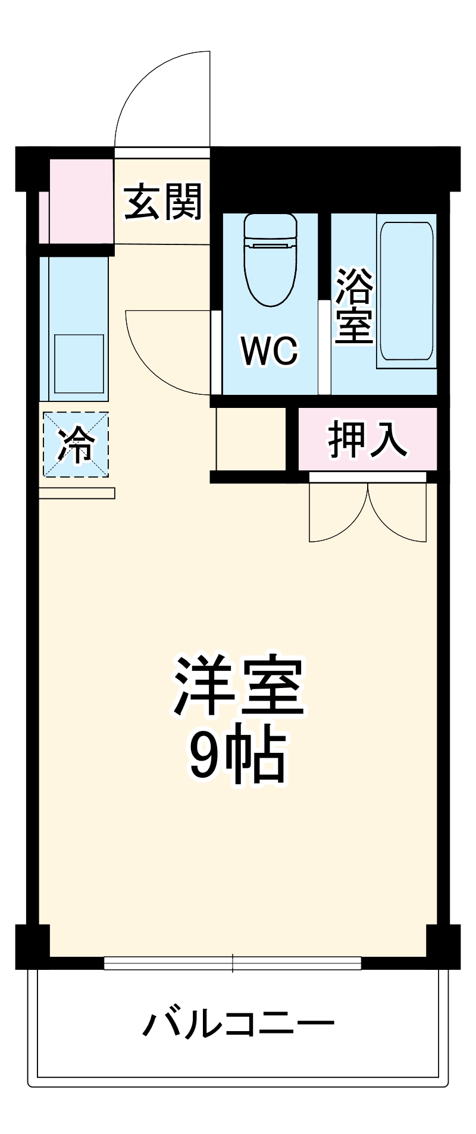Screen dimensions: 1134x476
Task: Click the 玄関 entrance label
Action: [163, 202]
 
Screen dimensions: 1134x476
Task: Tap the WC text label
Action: [269, 351]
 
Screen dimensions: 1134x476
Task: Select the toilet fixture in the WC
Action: [270, 259]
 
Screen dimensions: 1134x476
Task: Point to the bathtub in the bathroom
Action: [406, 291]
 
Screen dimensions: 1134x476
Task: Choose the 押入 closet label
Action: [368, 440]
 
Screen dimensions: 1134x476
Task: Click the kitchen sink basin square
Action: [79, 364]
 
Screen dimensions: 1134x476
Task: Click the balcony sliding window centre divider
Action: [233, 963]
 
